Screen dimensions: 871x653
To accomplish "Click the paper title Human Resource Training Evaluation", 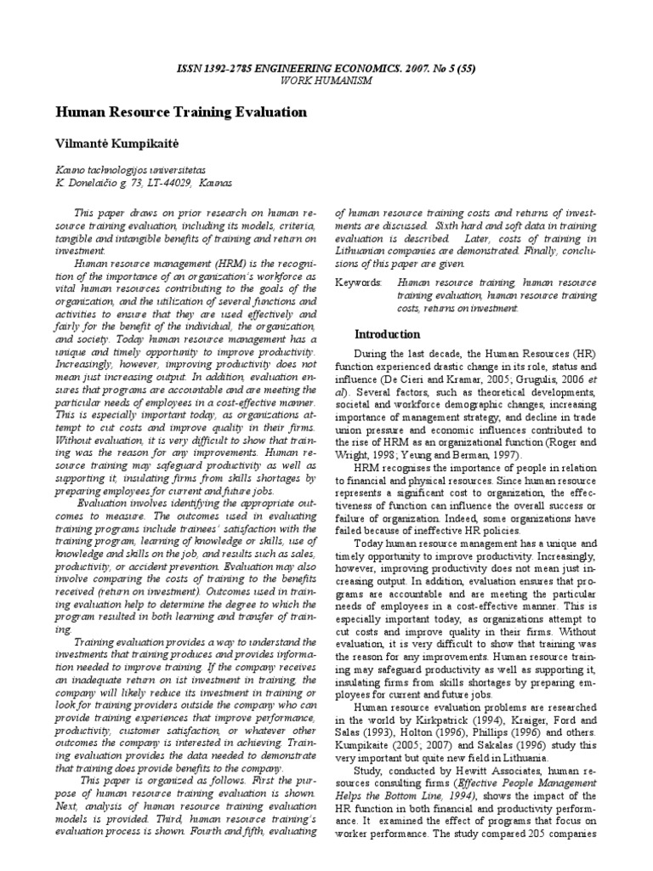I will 181,112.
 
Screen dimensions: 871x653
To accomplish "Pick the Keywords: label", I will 359,280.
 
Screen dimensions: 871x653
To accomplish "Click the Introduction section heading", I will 387,334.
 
